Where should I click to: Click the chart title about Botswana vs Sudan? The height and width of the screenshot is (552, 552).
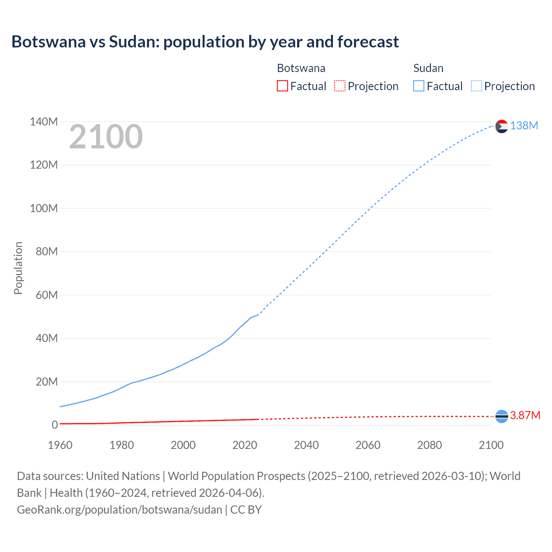[205, 42]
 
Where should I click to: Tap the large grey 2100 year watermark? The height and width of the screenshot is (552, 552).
[106, 137]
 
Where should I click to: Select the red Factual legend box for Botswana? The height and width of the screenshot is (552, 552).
[282, 86]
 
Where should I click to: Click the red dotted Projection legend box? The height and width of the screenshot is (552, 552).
[340, 86]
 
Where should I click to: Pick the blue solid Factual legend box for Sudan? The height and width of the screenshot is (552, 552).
[418, 86]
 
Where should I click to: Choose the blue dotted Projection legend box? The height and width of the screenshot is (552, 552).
[477, 86]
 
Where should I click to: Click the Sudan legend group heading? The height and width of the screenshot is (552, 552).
[428, 68]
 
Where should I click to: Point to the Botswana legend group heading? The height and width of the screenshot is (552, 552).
[301, 68]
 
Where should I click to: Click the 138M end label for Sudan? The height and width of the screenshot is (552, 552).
[524, 125]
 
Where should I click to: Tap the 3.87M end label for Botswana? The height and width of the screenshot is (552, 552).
[525, 415]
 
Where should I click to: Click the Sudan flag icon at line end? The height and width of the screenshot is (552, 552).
[502, 126]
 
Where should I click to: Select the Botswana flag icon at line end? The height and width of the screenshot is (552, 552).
[502, 416]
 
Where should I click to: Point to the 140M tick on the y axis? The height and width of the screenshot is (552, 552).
[44, 122]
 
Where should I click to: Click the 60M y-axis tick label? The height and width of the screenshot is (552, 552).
[46, 295]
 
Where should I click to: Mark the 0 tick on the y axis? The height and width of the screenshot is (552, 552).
[54, 425]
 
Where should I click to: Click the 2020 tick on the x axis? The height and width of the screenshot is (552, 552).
[245, 445]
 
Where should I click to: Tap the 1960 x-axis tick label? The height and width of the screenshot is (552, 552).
[60, 445]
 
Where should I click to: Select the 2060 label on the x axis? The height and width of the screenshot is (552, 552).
[368, 445]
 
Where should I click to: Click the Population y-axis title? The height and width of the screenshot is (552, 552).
[18, 268]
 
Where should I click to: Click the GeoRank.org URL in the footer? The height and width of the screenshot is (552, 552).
[119, 510]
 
